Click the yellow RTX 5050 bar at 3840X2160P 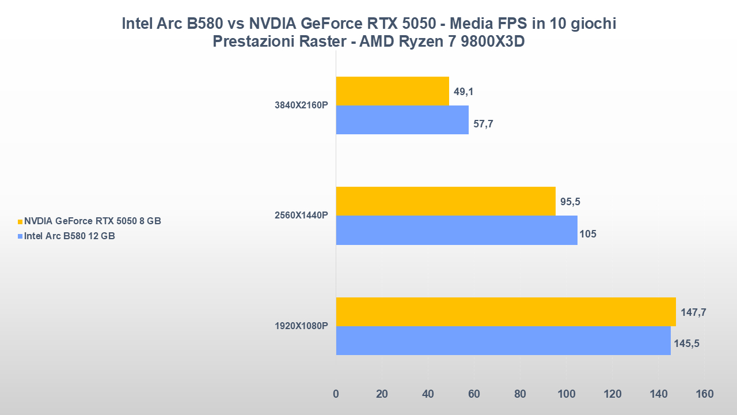click(x=392, y=91)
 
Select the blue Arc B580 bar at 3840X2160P click(x=402, y=120)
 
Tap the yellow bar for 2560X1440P click(x=445, y=201)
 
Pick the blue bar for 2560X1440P click(x=456, y=230)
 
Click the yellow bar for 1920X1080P click(x=506, y=312)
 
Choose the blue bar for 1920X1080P click(x=503, y=341)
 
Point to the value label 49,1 click(x=464, y=92)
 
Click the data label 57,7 click(x=483, y=124)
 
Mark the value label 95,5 click(x=570, y=202)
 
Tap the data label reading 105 click(x=588, y=234)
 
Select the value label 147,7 click(x=693, y=312)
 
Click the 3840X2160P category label click(x=301, y=105)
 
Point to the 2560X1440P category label click(x=301, y=216)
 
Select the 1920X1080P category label click(x=301, y=326)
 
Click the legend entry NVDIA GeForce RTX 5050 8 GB click(x=92, y=221)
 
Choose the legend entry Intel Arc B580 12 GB click(x=69, y=236)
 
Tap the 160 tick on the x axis click(x=704, y=394)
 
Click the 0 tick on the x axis click(x=336, y=394)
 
